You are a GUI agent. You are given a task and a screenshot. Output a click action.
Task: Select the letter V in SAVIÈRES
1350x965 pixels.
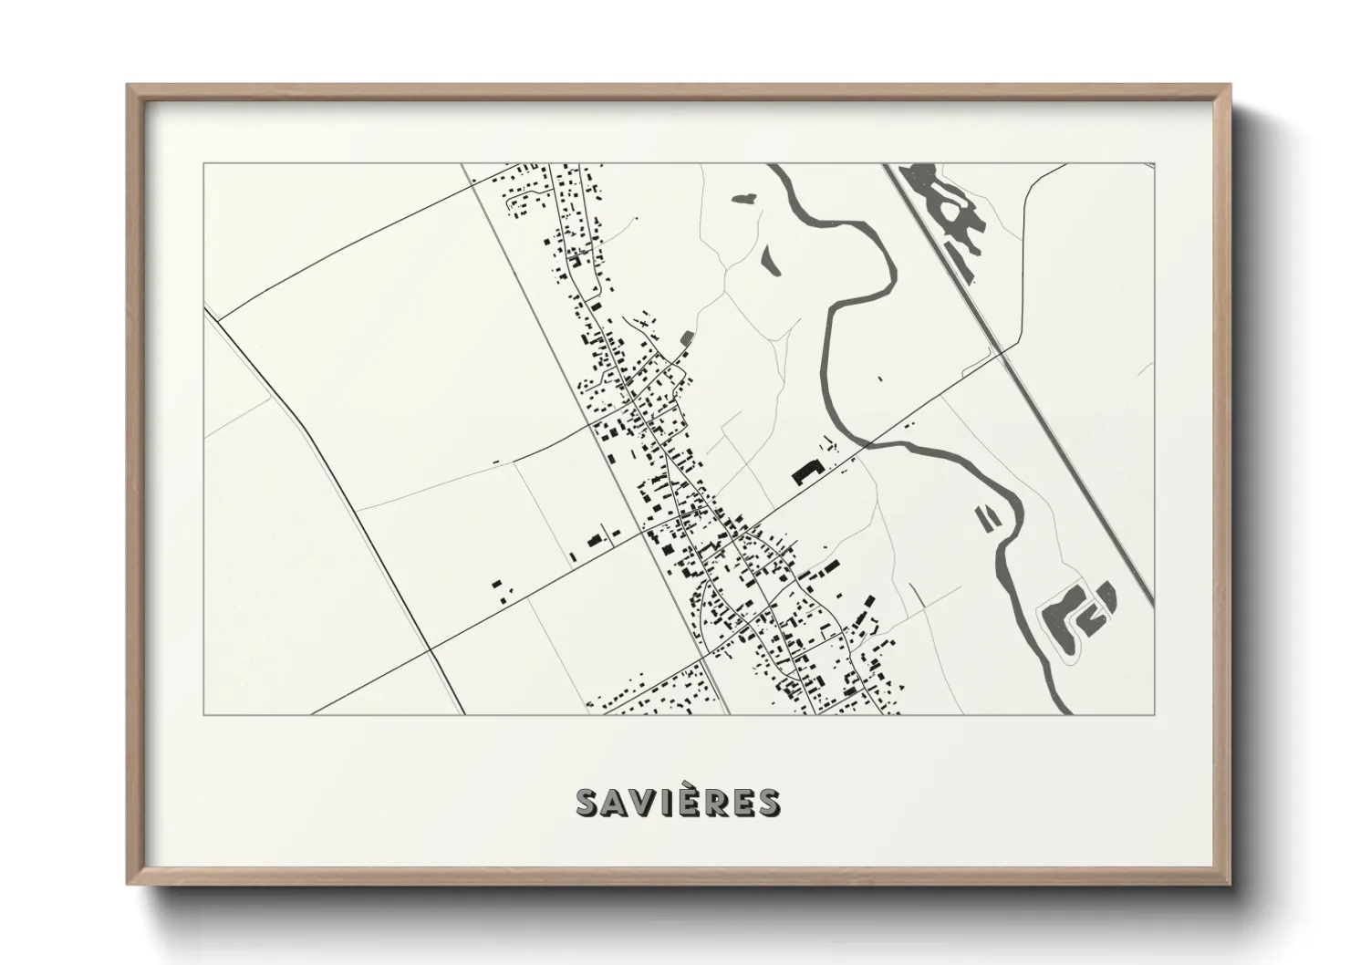coord(644,803)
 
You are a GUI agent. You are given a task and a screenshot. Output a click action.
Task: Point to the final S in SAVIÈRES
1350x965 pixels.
coord(768,803)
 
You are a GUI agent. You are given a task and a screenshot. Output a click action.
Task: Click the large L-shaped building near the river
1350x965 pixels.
coord(806,472)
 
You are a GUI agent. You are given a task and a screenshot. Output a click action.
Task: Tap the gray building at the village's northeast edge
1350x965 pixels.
coord(686,338)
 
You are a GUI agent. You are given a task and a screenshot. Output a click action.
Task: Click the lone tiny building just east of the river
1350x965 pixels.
coord(879,378)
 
